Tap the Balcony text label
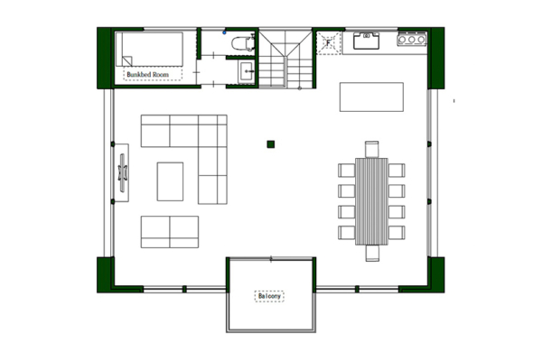pyautogui.click(x=270, y=296)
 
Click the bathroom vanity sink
pyautogui.click(x=246, y=71)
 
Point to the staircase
pyautogui.click(x=285, y=59)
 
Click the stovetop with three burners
pyautogui.click(x=412, y=40)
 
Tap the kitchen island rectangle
pyautogui.click(x=371, y=97)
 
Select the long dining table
pyautogui.click(x=371, y=201)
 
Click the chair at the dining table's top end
pyautogui.click(x=371, y=149)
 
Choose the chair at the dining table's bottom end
pyautogui.click(x=371, y=253)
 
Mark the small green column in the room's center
pyautogui.click(x=270, y=143)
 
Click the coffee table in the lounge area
pyautogui.click(x=170, y=180)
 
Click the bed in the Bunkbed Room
pyautogui.click(x=150, y=50)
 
